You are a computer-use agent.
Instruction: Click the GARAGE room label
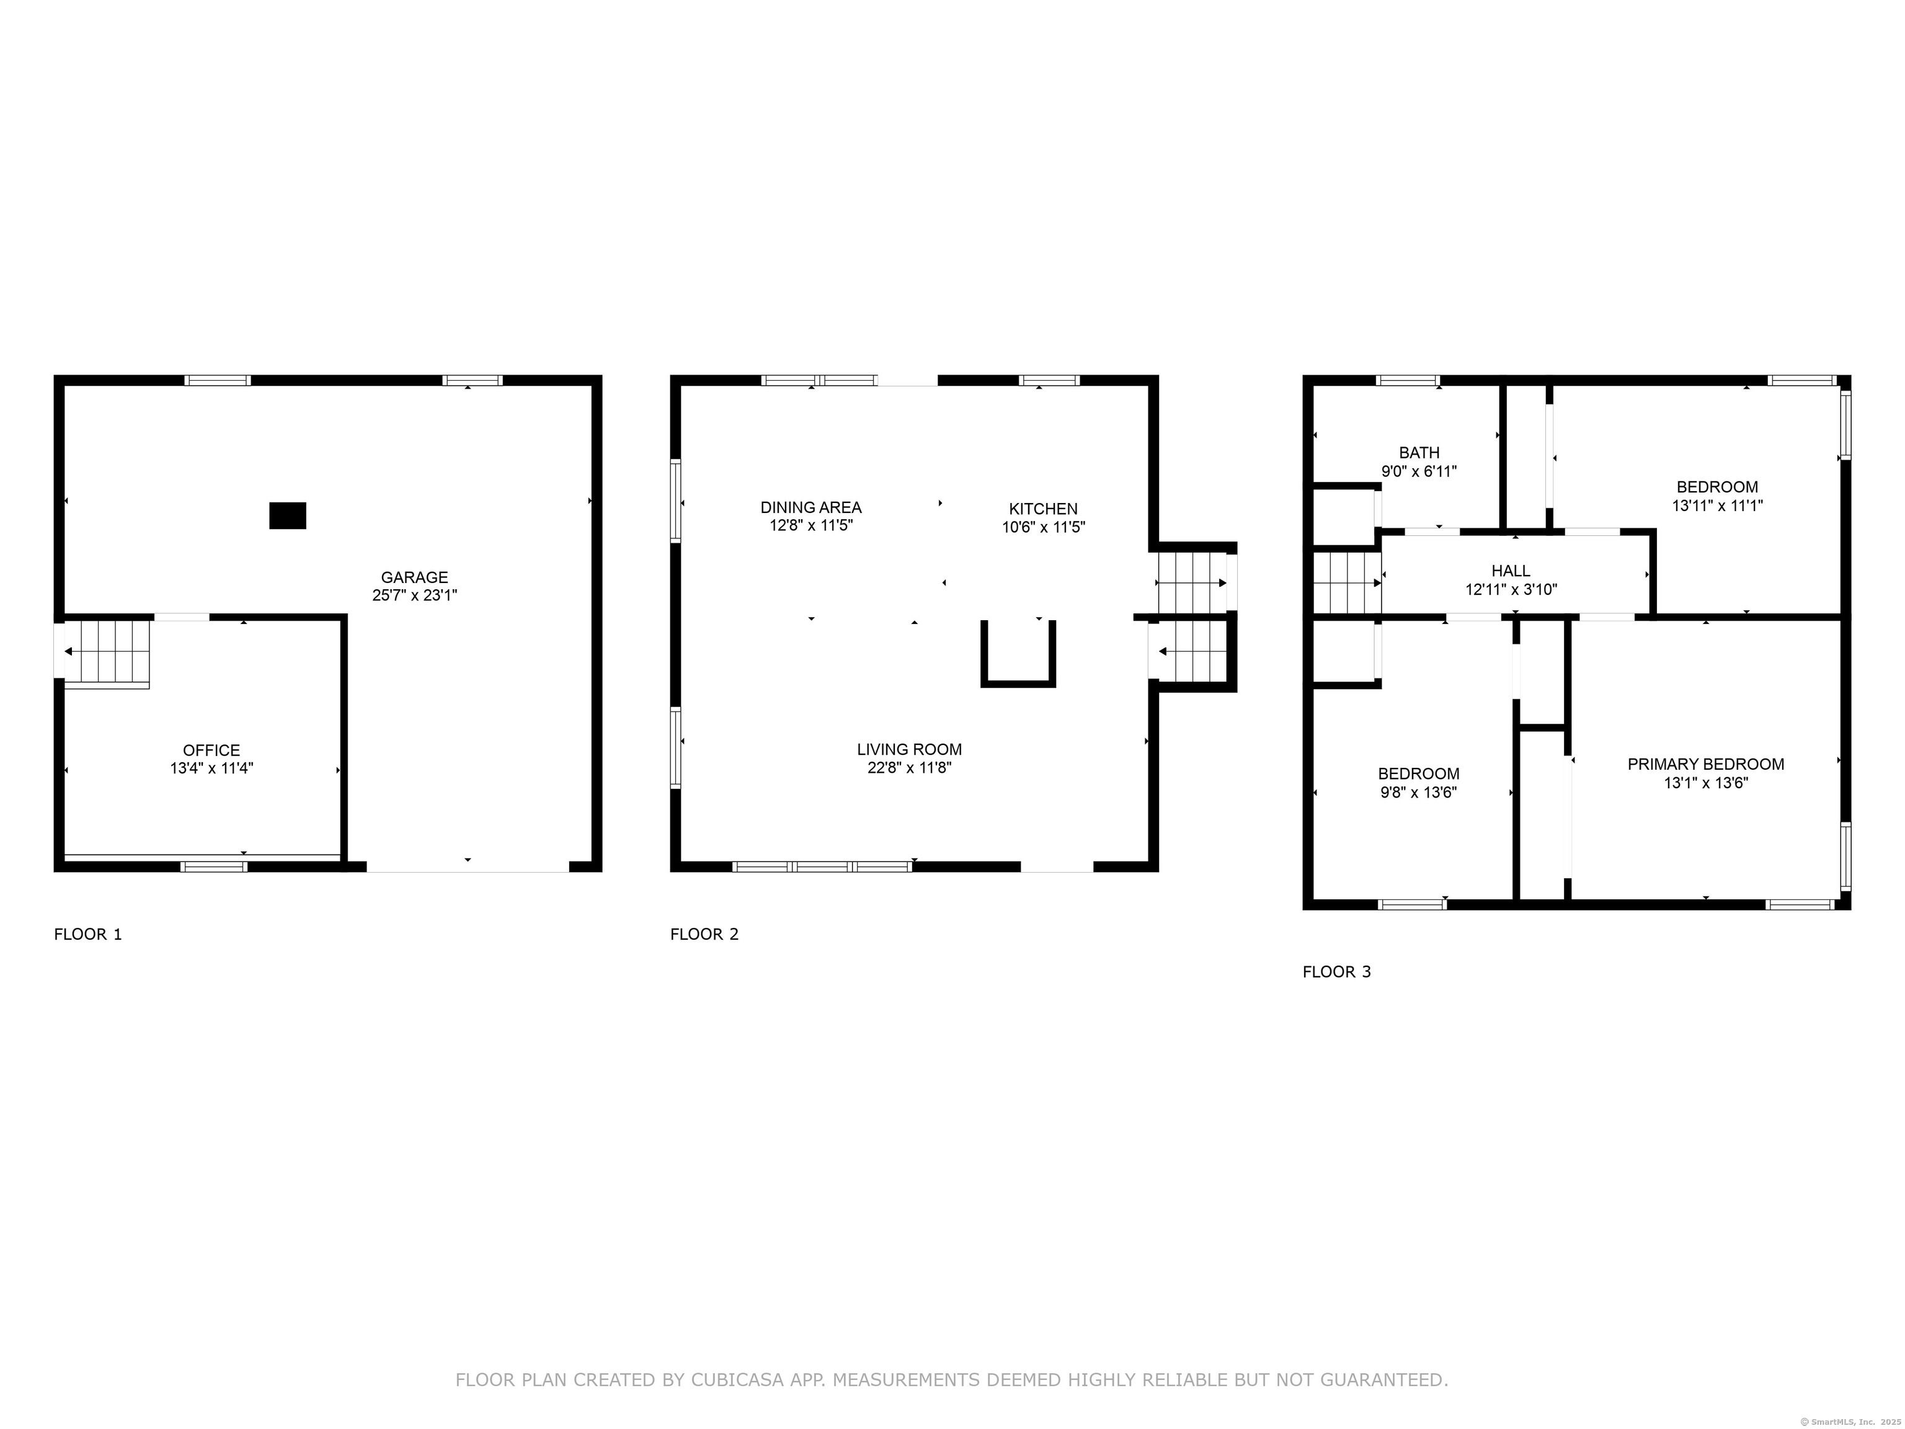coord(414,577)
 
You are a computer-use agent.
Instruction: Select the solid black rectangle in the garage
coord(288,515)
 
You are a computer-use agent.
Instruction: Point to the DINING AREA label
coord(810,507)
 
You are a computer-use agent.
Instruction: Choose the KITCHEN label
coord(1043,509)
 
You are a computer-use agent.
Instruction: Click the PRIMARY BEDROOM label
coord(1705,764)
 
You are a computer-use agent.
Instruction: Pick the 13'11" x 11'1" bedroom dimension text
coord(1717,505)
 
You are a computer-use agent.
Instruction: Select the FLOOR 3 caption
coord(1336,973)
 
